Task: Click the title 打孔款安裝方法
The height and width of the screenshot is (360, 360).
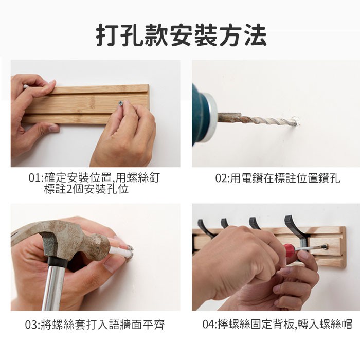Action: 181,35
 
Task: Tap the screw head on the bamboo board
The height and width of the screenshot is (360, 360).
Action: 120,103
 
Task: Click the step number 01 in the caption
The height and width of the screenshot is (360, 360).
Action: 33,178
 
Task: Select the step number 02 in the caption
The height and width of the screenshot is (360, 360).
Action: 221,178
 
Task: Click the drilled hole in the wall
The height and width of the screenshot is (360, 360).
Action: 296,121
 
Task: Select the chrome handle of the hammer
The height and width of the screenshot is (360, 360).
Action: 55,286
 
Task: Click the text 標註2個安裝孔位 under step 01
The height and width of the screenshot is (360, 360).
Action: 86,189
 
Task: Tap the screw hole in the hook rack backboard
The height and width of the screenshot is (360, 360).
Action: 326,247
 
